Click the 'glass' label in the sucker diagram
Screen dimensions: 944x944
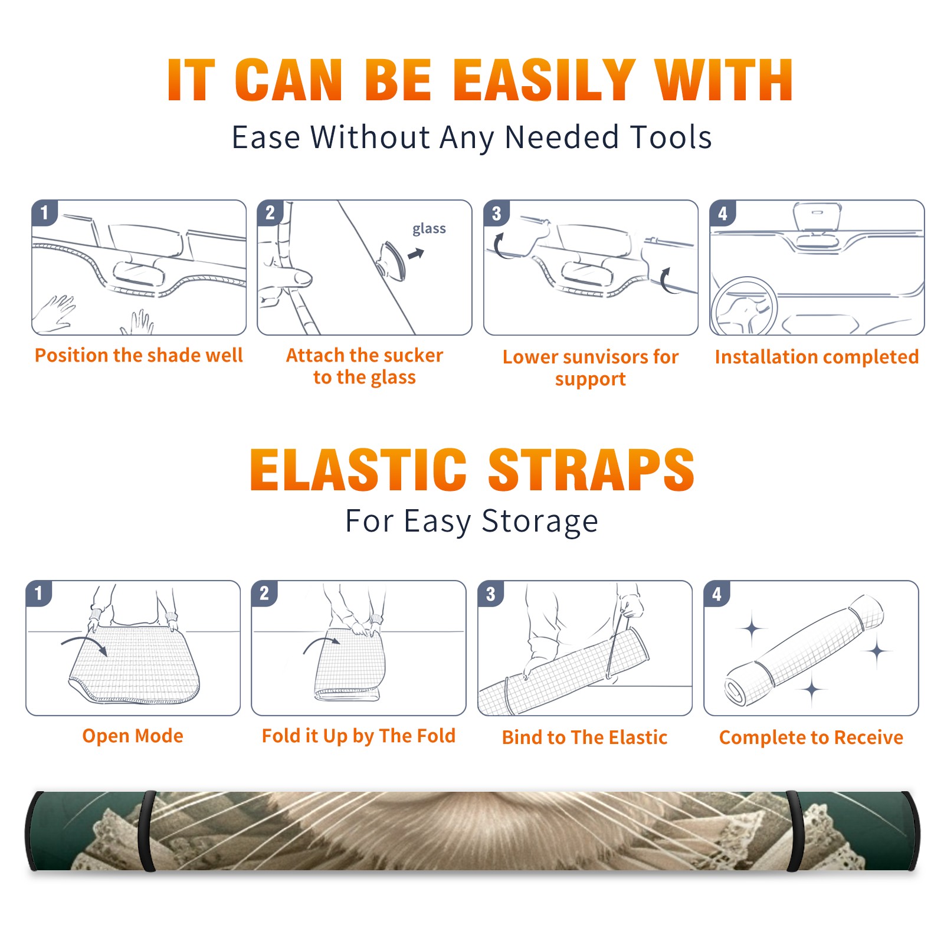[429, 229]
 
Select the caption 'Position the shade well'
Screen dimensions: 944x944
[139, 355]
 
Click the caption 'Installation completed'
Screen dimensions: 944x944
[817, 356]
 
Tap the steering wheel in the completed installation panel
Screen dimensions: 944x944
[744, 306]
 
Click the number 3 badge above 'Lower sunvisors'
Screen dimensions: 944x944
[496, 213]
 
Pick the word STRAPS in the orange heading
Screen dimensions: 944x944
[591, 470]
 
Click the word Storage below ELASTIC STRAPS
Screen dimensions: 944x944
[540, 522]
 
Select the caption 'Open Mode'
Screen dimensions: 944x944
[133, 736]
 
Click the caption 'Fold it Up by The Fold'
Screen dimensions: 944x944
[359, 736]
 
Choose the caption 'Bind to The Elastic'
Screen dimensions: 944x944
[585, 737]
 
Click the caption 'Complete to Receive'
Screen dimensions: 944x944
[811, 737]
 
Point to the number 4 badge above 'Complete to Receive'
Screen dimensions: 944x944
[717, 594]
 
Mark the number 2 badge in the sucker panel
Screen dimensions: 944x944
[270, 213]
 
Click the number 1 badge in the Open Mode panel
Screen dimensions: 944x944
[39, 594]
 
